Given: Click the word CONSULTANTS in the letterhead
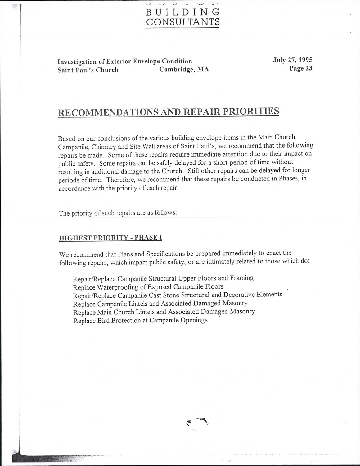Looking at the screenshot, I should pyautogui.click(x=183, y=22).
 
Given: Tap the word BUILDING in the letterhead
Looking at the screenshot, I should pyautogui.click(x=183, y=12).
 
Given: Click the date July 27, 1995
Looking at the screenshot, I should pyautogui.click(x=293, y=60).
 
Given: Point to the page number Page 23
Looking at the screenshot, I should pyautogui.click(x=301, y=68).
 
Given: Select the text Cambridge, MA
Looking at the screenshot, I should pyautogui.click(x=184, y=70).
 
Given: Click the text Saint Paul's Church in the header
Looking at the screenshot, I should pyautogui.click(x=88, y=70).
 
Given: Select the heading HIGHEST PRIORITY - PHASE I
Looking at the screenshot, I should pyautogui.click(x=110, y=238).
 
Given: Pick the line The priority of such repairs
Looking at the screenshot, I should pyautogui.click(x=118, y=213).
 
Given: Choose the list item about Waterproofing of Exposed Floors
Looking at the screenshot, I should pyautogui.click(x=148, y=287).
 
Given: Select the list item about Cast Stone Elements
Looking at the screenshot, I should pyautogui.click(x=178, y=295).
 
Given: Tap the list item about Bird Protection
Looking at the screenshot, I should pyautogui.click(x=140, y=320).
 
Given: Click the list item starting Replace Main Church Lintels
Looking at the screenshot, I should pyautogui.click(x=164, y=312).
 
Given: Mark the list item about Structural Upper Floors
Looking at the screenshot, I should pyautogui.click(x=163, y=278).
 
